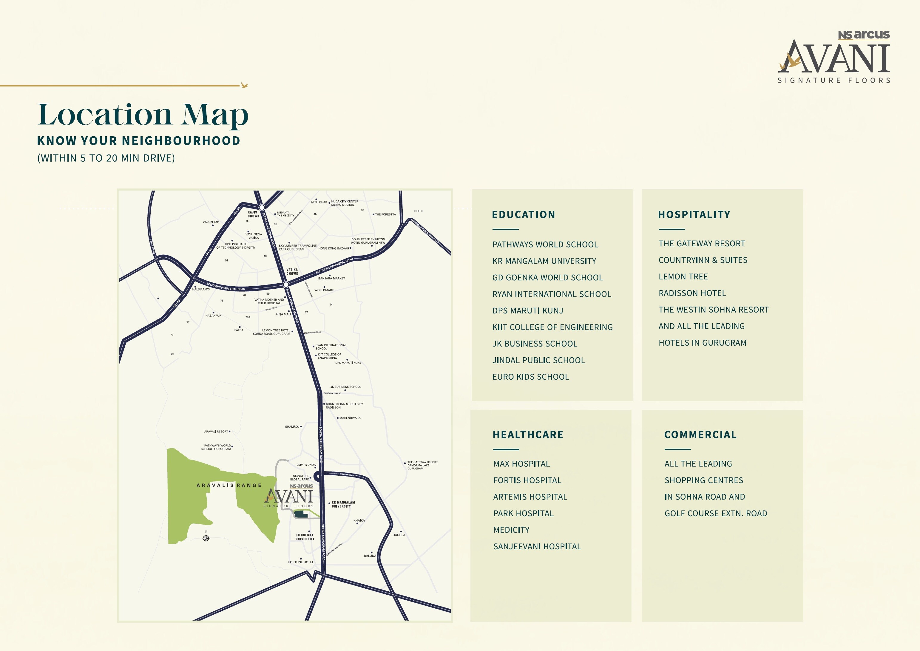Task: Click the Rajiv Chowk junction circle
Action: [x=262, y=208]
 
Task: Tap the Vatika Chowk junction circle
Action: [x=286, y=284]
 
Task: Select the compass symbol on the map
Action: [x=206, y=538]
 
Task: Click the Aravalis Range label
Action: [x=229, y=485]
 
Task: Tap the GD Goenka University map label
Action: [x=305, y=537]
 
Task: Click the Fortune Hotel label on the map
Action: [x=301, y=562]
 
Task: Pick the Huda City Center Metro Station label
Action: [x=345, y=203]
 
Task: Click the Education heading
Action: [x=523, y=215]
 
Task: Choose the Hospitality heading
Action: [x=694, y=215]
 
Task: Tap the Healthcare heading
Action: [x=528, y=435]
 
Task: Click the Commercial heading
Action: [x=700, y=435]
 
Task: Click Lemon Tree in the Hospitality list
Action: [x=683, y=277]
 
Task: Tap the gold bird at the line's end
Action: [x=244, y=85]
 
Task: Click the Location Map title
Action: [x=143, y=115]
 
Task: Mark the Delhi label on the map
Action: [x=418, y=211]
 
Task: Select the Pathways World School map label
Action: [x=217, y=447]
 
